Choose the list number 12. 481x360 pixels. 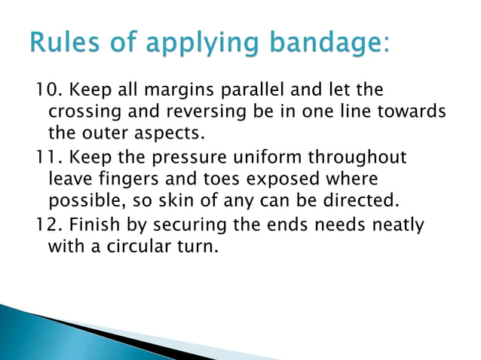[47, 224]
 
